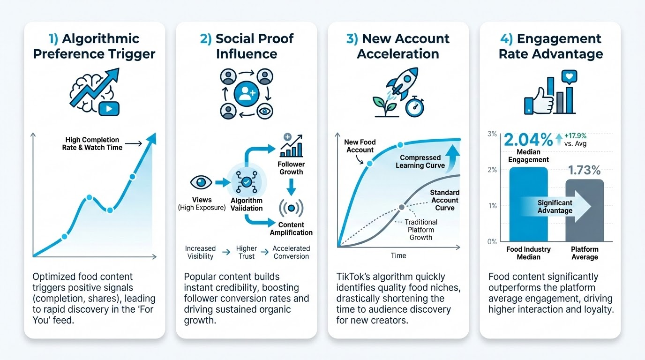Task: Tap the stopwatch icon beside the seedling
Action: tap(414, 106)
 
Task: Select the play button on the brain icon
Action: tap(109, 109)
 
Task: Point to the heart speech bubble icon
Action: tap(569, 77)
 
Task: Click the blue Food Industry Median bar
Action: tap(528, 204)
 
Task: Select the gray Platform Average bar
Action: tap(585, 210)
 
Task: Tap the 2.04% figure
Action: tap(528, 140)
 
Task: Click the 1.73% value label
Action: tap(584, 170)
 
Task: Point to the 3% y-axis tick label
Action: tap(492, 134)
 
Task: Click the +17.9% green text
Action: tap(575, 135)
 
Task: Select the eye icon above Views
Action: tap(201, 182)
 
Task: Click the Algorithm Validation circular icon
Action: tap(246, 182)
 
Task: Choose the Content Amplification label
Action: tap(291, 229)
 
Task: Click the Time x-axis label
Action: tap(398, 255)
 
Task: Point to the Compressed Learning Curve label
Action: tap(420, 162)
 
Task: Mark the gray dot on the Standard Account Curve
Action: tap(401, 207)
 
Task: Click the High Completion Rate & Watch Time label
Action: tap(92, 144)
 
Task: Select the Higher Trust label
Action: tap(247, 252)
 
